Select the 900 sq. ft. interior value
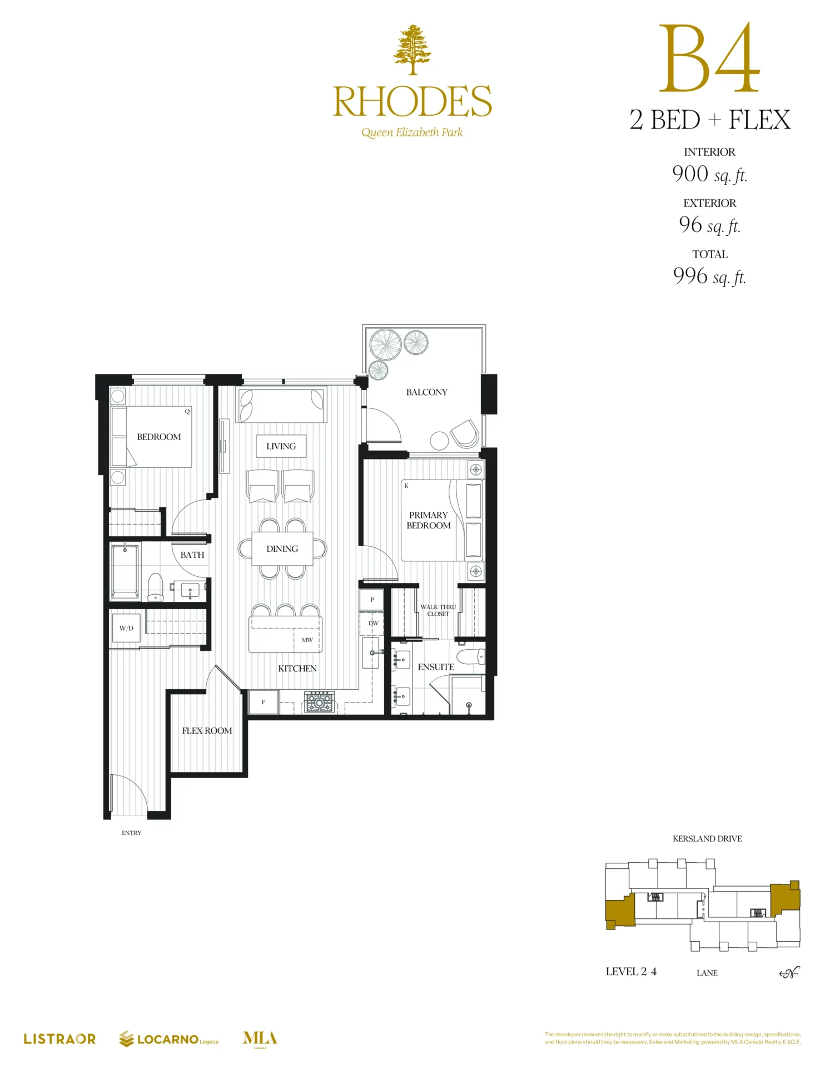click(x=709, y=174)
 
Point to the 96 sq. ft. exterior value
click(x=709, y=225)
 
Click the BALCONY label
click(x=426, y=392)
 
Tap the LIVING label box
click(x=281, y=446)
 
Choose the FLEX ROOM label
click(x=207, y=730)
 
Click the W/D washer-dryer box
click(x=126, y=628)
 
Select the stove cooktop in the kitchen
click(x=320, y=702)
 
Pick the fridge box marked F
click(x=264, y=702)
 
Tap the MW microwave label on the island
click(x=307, y=640)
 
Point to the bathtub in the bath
click(x=125, y=571)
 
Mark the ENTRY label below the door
click(x=132, y=833)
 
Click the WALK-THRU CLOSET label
click(x=438, y=610)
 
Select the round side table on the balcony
click(x=439, y=441)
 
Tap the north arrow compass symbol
click(x=789, y=972)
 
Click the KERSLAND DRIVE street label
click(x=707, y=838)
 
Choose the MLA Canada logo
click(x=260, y=1039)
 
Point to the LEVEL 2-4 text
click(x=631, y=971)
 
